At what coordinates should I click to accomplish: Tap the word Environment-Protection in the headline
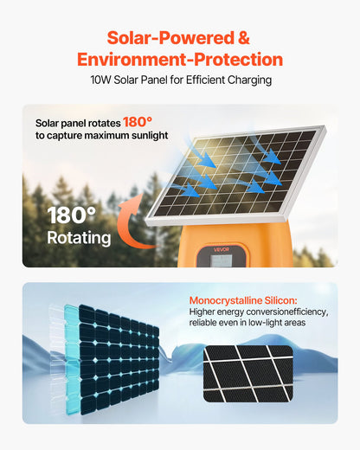click(180, 60)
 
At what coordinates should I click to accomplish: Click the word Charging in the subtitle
click(246, 80)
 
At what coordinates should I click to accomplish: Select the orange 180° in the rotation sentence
click(138, 121)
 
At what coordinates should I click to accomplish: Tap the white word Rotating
click(78, 237)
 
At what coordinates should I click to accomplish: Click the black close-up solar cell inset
click(248, 373)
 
